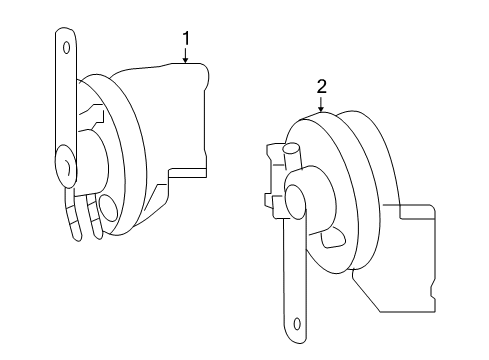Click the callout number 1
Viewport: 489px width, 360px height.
(186, 38)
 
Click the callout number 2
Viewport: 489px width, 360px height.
(321, 87)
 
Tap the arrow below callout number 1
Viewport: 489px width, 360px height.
(186, 55)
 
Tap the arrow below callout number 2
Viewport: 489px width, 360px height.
(321, 105)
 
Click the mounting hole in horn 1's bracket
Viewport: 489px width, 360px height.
(66, 47)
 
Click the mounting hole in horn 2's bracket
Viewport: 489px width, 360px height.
(297, 324)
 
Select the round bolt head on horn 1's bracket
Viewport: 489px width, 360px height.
(65, 165)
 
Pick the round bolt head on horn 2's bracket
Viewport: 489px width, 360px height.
(295, 201)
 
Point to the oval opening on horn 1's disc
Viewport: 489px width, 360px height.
(109, 208)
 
